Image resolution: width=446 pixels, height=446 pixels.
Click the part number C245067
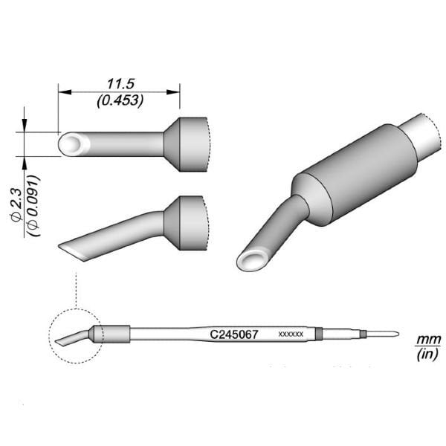[234, 334]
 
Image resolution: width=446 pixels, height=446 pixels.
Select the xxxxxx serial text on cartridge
[290, 334]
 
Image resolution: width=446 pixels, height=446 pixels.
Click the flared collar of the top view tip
[187, 144]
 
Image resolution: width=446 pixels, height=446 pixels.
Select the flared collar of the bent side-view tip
[187, 222]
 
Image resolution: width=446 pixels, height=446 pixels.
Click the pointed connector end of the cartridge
[387, 334]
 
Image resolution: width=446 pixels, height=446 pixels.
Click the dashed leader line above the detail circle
[76, 290]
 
